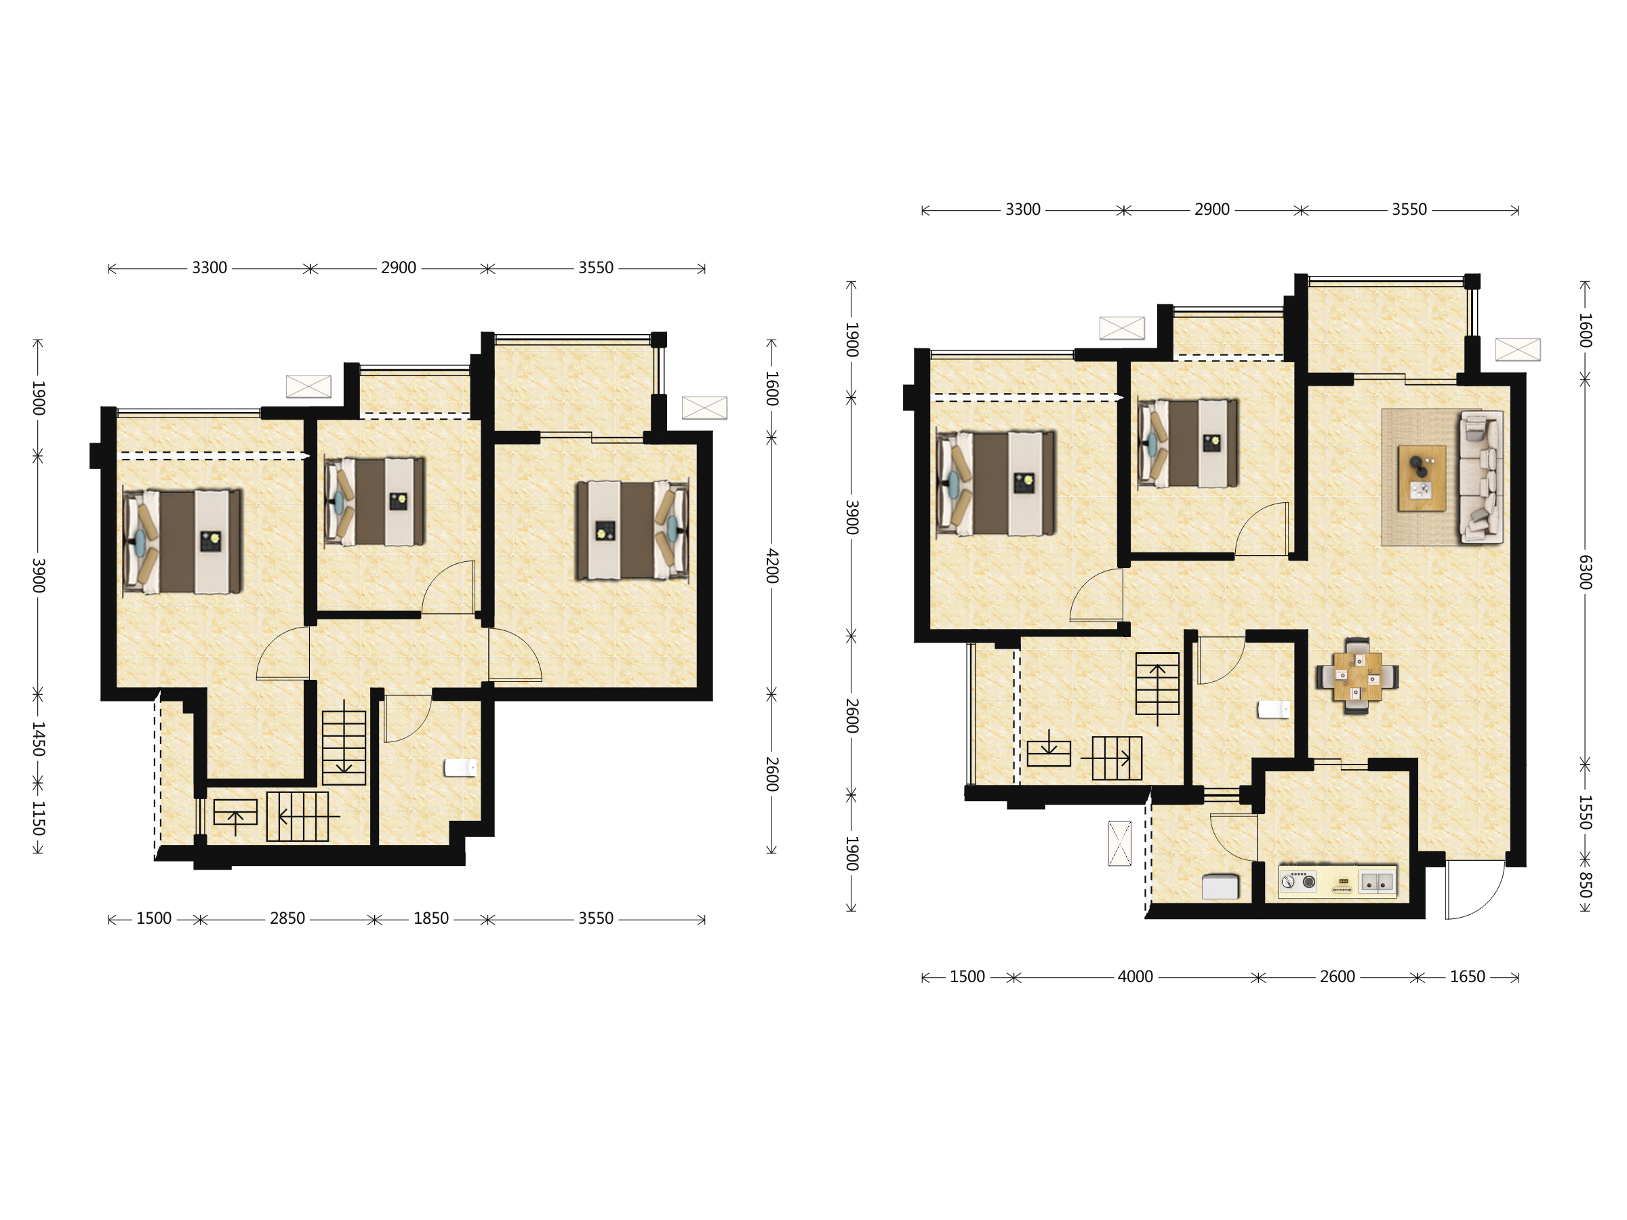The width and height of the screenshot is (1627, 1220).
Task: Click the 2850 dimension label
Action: click(287, 918)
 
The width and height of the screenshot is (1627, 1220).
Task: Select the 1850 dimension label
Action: click(431, 918)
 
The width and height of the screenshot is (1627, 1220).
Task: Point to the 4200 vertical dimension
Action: click(771, 566)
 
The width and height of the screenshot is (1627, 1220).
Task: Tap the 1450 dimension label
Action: click(38, 739)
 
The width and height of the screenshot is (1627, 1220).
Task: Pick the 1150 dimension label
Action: click(38, 819)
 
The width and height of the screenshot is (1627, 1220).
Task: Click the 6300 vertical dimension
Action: click(1585, 572)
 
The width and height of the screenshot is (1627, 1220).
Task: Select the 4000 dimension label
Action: click(1135, 977)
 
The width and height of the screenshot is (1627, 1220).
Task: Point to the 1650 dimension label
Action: click(1468, 977)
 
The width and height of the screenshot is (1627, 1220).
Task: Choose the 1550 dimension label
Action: click(1585, 812)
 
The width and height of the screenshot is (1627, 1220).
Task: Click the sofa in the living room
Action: click(1481, 477)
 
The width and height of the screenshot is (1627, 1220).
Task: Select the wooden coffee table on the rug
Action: click(1422, 477)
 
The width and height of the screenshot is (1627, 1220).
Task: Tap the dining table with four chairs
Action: click(1357, 676)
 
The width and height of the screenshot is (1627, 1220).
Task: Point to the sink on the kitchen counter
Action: click(1376, 882)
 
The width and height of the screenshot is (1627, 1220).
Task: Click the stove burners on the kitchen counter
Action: click(1298, 881)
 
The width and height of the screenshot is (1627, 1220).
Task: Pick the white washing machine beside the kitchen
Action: click(1220, 886)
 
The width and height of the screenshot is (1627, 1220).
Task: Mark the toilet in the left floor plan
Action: click(460, 768)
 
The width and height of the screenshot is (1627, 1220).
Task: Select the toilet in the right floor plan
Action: click(1273, 709)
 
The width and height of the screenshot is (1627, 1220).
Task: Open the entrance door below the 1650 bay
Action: click(1474, 890)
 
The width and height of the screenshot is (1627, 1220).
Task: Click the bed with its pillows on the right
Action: click(632, 529)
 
